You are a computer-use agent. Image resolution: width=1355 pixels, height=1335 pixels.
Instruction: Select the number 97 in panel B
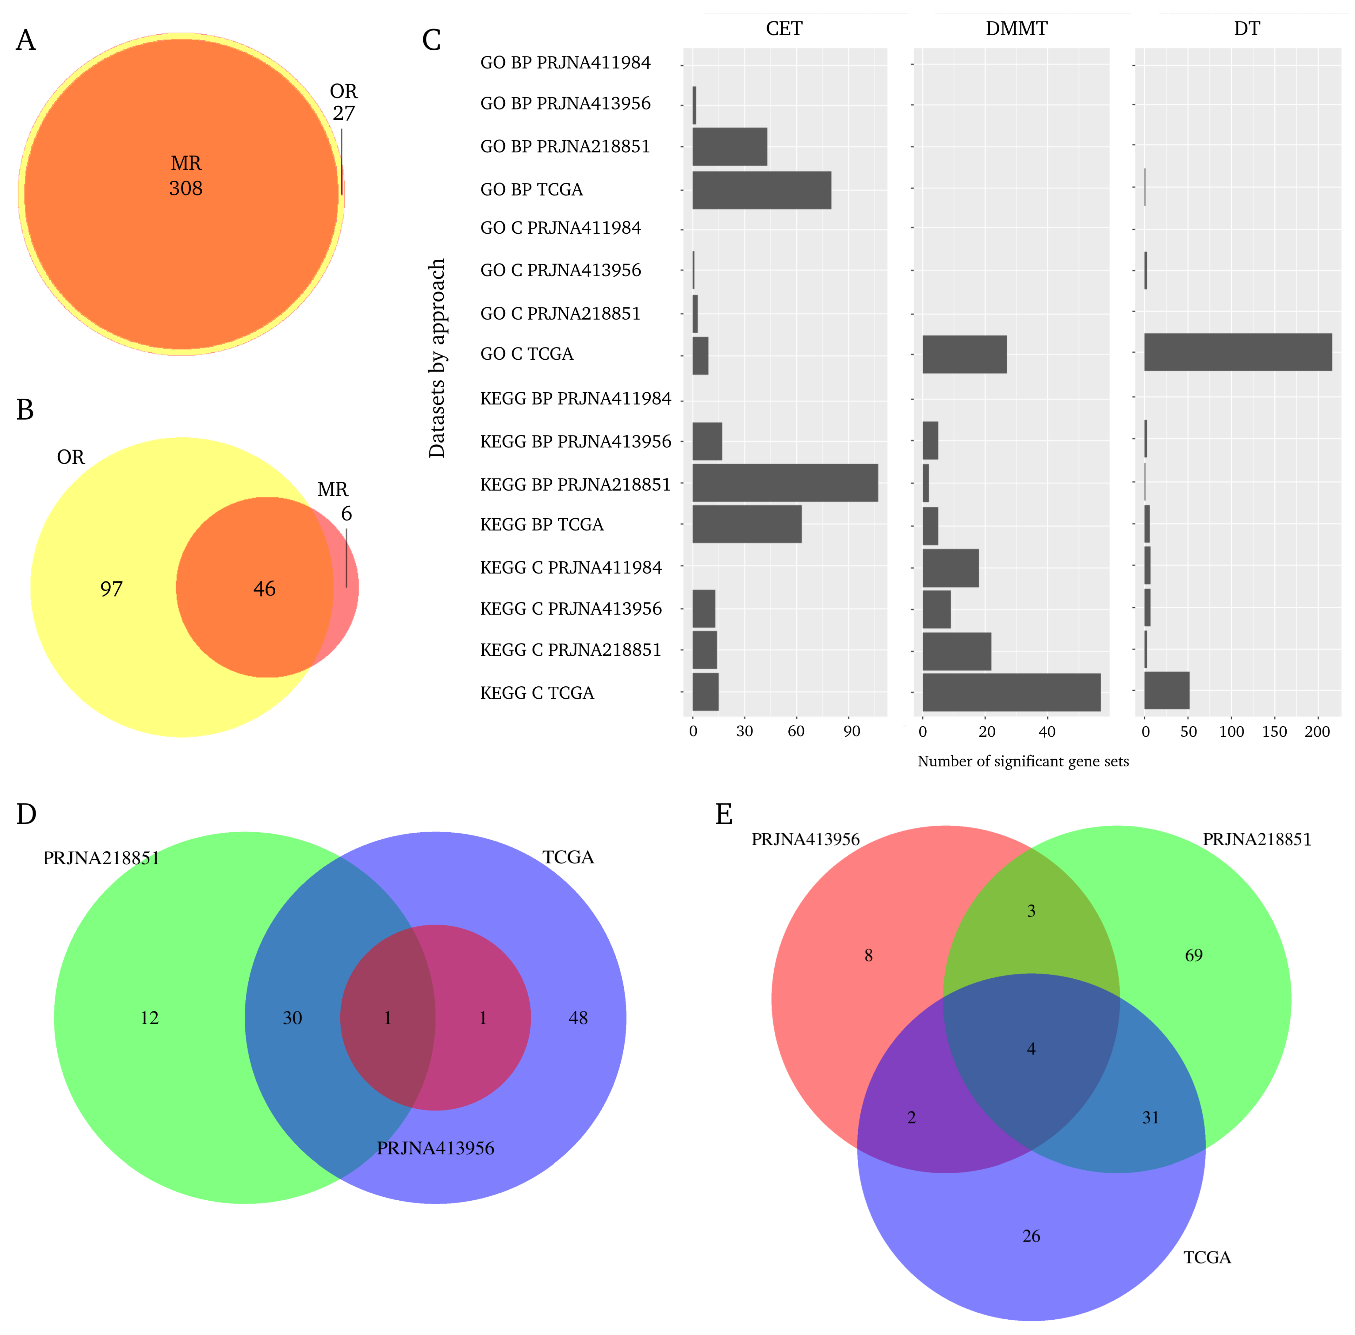tap(111, 589)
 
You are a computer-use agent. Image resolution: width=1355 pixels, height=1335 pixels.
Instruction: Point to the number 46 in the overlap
tap(264, 589)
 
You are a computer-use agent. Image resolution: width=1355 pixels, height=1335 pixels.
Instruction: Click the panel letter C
tap(431, 41)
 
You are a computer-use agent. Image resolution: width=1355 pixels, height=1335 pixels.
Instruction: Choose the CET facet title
tap(784, 29)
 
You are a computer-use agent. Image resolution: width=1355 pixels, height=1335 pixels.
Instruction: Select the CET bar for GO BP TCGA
tap(761, 190)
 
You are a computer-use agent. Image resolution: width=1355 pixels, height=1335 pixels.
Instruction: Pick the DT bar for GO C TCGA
tap(1237, 352)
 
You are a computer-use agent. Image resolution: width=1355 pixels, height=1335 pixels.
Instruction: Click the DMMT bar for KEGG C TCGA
tap(1011, 692)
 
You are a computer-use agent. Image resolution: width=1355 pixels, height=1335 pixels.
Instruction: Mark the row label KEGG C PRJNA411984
tap(571, 568)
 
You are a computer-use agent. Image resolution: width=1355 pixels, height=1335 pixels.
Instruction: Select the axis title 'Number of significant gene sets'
tap(1023, 761)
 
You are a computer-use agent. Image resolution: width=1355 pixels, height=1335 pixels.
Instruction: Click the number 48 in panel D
tap(578, 1018)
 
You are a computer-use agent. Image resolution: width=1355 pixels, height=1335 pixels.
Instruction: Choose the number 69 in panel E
tap(1193, 955)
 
